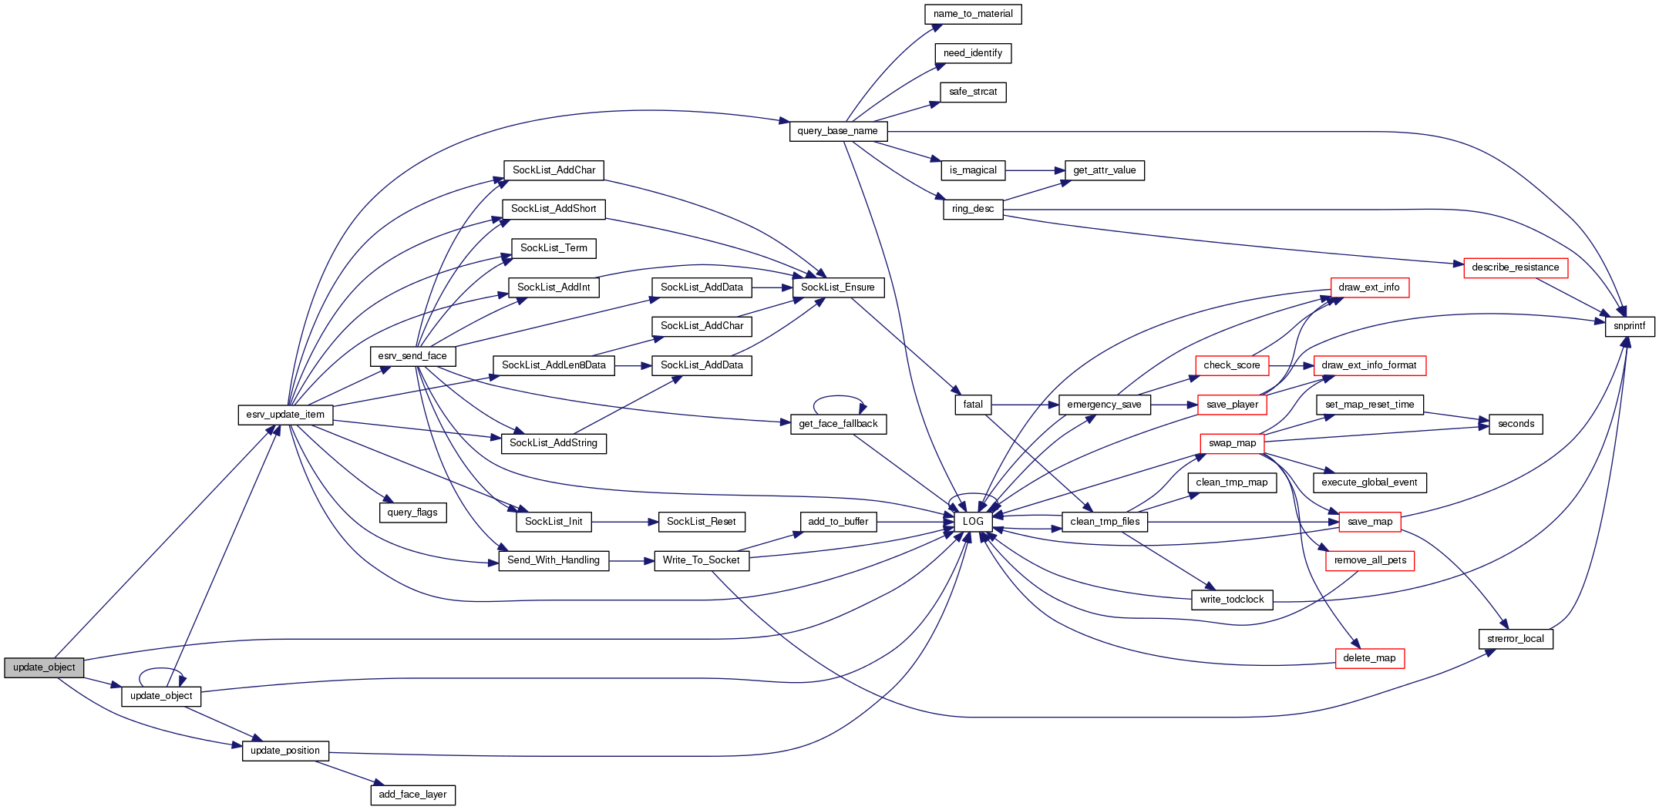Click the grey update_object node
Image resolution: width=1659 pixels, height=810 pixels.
44,667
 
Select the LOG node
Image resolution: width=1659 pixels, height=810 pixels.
973,522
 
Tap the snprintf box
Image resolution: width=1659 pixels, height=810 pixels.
1630,326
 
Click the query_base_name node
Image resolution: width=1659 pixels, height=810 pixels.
838,131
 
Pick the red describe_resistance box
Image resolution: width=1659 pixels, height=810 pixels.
1515,267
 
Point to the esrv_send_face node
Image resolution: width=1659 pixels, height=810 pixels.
412,356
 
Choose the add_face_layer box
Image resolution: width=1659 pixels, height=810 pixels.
412,795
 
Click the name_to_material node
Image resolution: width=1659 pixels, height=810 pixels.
973,14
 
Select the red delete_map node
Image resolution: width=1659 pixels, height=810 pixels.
1369,658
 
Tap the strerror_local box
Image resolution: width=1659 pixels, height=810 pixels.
1515,639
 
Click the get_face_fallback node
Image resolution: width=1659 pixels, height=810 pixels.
838,424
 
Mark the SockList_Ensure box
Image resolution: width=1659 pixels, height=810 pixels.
838,287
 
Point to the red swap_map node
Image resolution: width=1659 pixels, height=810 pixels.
1232,443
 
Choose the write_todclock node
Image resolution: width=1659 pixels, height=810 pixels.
1232,600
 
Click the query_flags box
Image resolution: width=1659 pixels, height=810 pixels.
412,513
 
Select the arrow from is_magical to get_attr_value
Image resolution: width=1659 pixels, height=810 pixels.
1035,170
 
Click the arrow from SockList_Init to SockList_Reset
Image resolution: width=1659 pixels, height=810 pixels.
624,522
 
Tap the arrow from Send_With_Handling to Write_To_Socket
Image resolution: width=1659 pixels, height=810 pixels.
631,561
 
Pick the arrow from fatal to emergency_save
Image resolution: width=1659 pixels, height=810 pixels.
1025,405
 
